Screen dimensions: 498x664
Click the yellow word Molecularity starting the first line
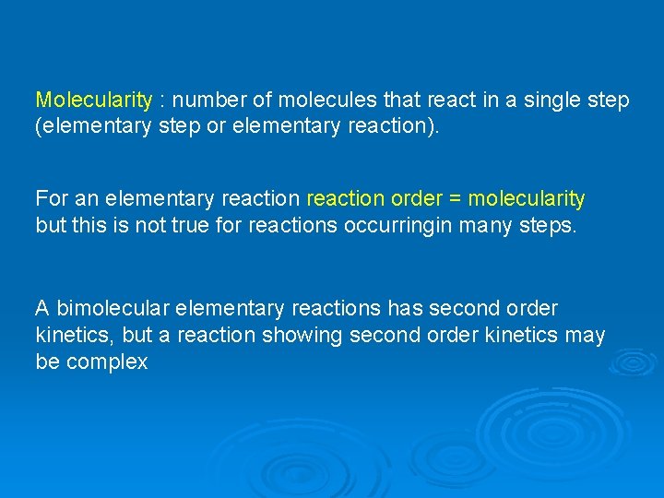(x=93, y=100)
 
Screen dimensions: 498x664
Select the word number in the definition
(x=203, y=100)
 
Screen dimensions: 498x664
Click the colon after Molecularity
(x=161, y=100)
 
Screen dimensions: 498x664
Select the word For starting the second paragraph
(x=52, y=198)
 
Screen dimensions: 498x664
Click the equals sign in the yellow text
(x=456, y=198)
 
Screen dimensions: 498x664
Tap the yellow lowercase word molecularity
(x=527, y=198)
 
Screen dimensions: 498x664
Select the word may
(x=585, y=335)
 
